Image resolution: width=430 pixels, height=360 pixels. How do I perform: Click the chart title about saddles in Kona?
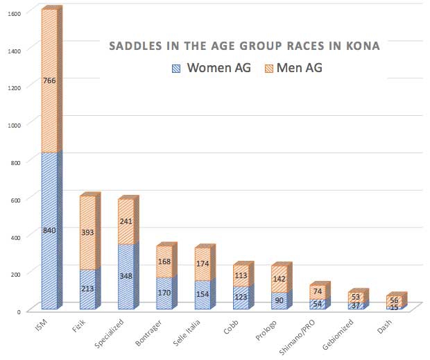click(245, 46)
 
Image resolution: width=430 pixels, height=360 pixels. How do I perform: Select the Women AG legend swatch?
click(176, 68)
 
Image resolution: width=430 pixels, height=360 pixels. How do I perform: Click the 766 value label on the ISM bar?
click(49, 81)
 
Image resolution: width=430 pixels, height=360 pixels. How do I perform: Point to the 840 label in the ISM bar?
click(49, 230)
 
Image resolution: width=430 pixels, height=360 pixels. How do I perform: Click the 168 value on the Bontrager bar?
click(164, 262)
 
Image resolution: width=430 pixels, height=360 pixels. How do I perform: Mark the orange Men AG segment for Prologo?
click(279, 279)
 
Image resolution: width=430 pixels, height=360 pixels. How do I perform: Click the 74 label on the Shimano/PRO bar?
click(317, 292)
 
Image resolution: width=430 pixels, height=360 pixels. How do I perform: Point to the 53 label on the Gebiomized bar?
click(355, 297)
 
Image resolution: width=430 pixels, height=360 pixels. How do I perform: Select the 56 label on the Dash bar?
click(394, 300)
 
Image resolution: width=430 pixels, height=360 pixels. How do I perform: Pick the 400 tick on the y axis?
click(15, 236)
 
